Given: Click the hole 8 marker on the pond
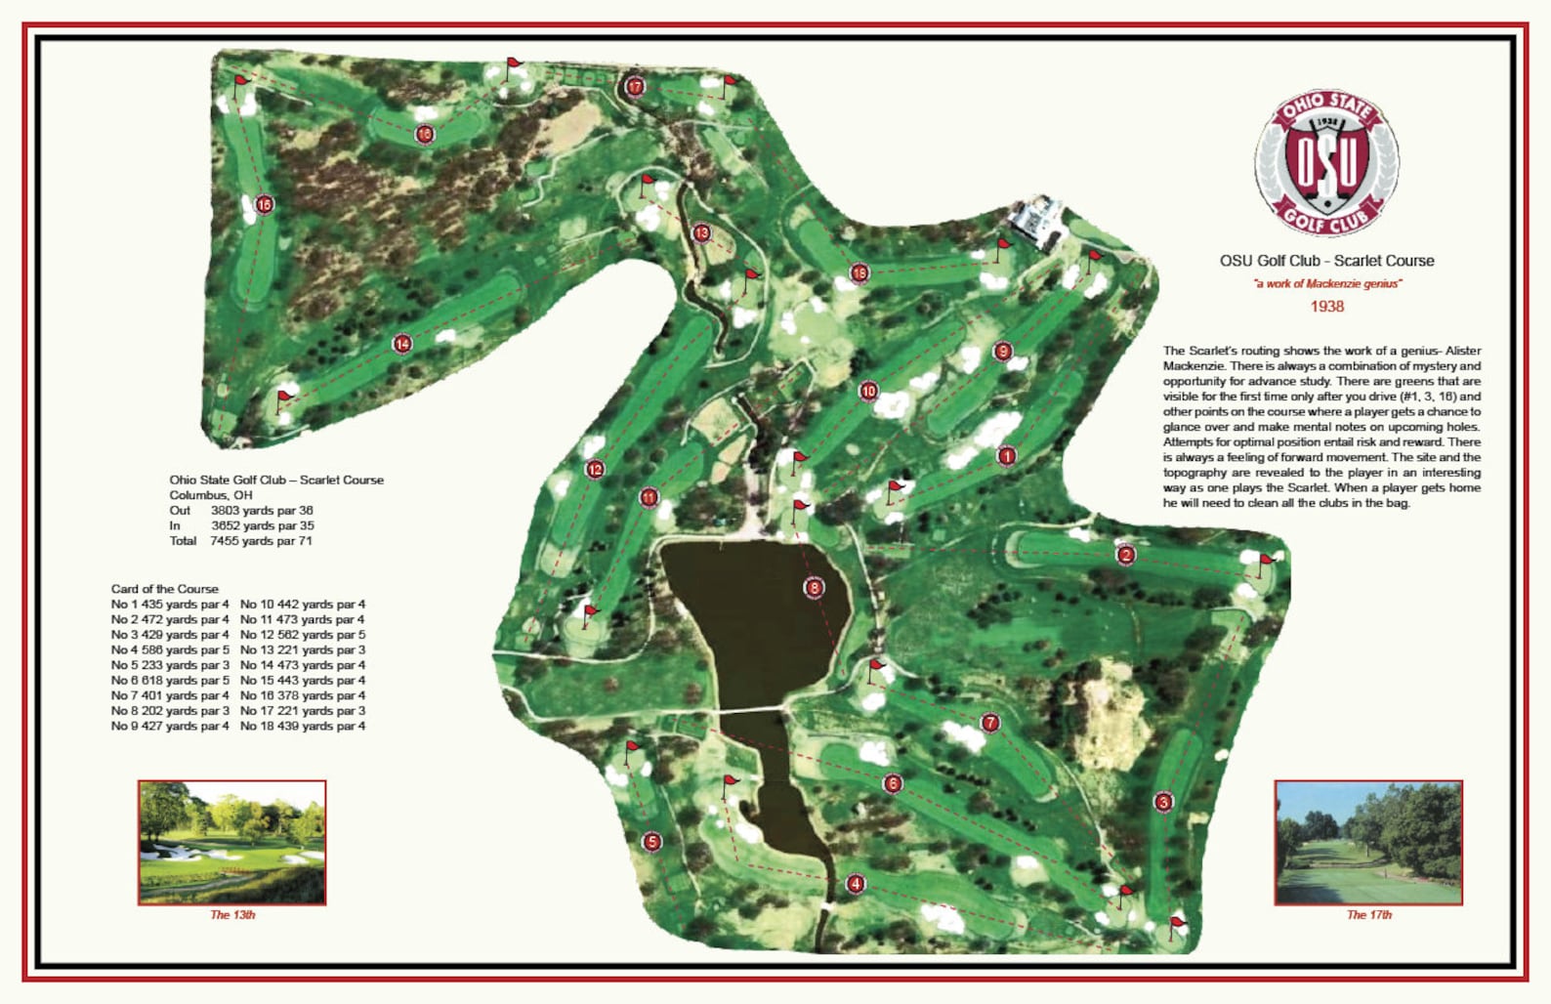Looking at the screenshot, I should click(814, 587).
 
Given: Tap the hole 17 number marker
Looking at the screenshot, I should click(635, 87).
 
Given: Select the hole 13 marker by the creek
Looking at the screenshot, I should click(701, 233).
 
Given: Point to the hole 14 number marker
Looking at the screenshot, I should click(402, 344).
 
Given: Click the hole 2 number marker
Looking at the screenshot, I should click(1126, 555).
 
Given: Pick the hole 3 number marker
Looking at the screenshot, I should click(1163, 802).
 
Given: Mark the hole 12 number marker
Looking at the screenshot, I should click(595, 470).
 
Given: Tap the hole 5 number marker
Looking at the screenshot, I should click(652, 841).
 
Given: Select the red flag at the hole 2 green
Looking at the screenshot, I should click(1266, 562).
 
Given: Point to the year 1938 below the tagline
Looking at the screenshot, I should click(1326, 307).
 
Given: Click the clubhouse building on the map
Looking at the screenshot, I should click(1035, 220).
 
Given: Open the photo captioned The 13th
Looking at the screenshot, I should click(232, 842).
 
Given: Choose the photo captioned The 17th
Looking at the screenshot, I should click(1368, 842).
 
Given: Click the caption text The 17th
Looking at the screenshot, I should click(1368, 915).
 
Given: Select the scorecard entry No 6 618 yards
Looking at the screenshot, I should click(170, 681).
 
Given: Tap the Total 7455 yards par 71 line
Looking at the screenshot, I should click(240, 541).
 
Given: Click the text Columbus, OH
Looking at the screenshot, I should click(211, 495).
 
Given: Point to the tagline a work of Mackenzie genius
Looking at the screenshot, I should click(1327, 284).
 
